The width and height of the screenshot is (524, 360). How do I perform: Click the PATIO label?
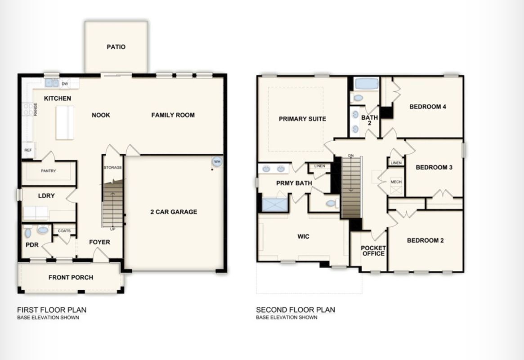[x=116, y=47]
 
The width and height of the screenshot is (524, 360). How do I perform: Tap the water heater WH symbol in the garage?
[x=217, y=162]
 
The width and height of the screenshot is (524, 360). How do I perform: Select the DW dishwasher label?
[x=65, y=84]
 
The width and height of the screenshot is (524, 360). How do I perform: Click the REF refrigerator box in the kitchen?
[x=28, y=150]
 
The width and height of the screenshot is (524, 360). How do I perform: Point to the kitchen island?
[x=65, y=122]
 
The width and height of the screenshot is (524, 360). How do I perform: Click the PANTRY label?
[x=49, y=171]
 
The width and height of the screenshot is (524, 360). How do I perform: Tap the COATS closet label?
[x=64, y=231]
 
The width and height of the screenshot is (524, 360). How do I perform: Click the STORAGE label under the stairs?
[x=112, y=167]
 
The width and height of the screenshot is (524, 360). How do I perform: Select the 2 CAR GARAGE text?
[x=174, y=211]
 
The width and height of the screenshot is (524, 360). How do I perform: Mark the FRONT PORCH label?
[x=71, y=278]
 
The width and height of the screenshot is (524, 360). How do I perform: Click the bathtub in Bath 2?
[x=367, y=84]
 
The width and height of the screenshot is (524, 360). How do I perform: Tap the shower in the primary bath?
[x=275, y=205]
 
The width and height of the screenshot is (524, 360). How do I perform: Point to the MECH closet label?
[x=396, y=182]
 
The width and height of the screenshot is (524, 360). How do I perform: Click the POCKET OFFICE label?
[x=374, y=251]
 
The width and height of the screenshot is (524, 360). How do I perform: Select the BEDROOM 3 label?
[x=434, y=167]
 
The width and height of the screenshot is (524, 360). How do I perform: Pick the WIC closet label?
[x=304, y=237]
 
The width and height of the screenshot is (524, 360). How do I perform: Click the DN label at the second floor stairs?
[x=351, y=156]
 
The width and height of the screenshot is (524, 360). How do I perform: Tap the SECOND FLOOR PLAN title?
[x=296, y=310]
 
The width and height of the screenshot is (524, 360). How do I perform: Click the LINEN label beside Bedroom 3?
[x=396, y=163]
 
